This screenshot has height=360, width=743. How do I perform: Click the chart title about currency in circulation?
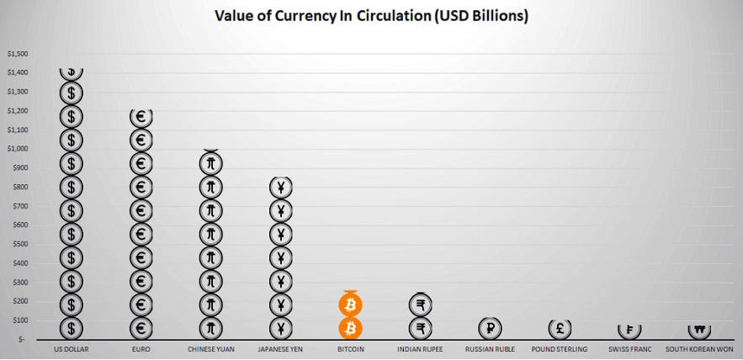coord(371,16)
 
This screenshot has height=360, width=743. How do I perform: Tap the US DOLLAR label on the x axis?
coord(71,348)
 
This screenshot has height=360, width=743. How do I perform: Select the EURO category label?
coord(141,348)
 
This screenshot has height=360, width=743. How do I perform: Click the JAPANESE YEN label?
coord(280,348)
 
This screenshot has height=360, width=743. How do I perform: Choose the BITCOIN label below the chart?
coord(350,348)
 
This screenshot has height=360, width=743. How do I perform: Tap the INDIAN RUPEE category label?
coord(421,348)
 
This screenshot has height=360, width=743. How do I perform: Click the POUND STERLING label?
coord(561,348)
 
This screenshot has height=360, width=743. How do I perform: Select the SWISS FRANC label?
coord(631,348)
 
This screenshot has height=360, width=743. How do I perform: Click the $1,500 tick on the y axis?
coord(17,54)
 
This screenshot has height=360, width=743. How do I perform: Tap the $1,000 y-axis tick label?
coord(17,149)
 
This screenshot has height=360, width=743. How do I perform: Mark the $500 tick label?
coord(19,244)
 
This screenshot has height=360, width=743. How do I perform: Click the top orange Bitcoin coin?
coord(350,304)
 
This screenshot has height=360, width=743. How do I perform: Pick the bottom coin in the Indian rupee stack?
coord(421,327)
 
